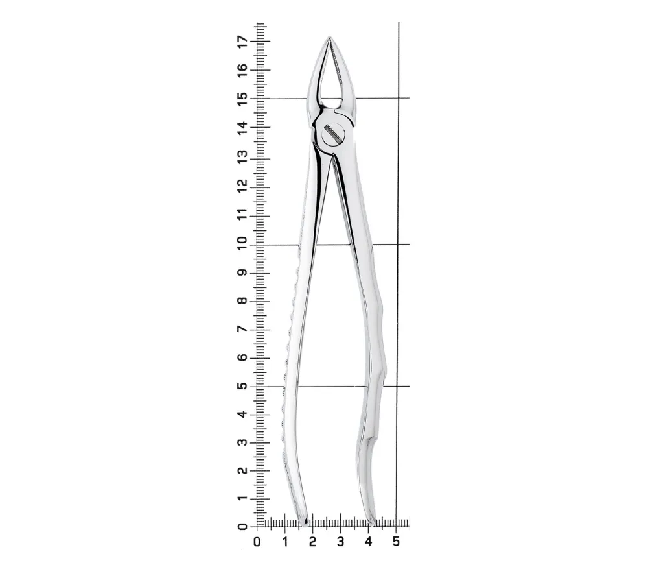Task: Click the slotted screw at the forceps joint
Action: [333, 133]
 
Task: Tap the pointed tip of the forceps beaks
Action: [329, 37]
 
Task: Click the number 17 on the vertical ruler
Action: [242, 41]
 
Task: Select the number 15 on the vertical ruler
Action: [242, 99]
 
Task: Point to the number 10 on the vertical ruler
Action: [242, 241]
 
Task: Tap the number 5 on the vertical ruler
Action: [242, 385]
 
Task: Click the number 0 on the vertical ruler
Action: [242, 526]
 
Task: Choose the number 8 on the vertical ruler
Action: [242, 300]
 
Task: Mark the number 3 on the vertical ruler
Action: [242, 442]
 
